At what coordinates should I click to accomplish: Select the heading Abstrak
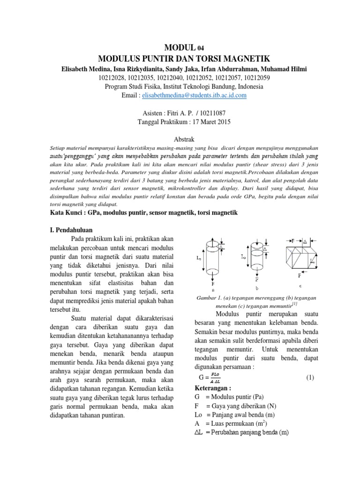pos(180,139)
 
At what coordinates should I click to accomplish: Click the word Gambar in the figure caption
pos(210,298)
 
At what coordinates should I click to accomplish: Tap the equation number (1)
pos(310,377)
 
